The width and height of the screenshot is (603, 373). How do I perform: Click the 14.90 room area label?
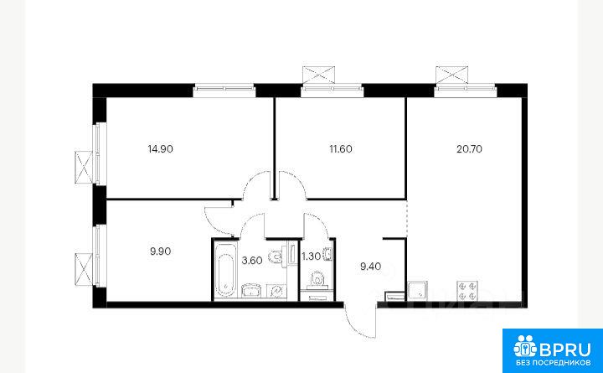coord(160,149)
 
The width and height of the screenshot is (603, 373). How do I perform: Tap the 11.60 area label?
coord(340,149)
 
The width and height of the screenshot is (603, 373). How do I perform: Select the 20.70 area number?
coord(469,149)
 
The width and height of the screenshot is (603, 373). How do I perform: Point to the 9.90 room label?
coord(160,251)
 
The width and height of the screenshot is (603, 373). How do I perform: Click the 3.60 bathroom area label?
coord(252,261)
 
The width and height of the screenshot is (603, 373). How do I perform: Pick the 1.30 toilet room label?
coord(312,256)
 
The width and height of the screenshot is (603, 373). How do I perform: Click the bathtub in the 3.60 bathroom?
coord(225,269)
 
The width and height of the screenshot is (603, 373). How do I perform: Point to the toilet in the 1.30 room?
coord(317,279)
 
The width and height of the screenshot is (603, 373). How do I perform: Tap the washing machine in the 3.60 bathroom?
coord(276,291)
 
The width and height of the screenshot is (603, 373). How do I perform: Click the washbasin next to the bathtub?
coord(252,291)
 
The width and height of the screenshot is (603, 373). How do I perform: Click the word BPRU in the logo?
coord(564,350)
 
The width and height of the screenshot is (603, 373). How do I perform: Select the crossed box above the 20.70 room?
coord(452,75)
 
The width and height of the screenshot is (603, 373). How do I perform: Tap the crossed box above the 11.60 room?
coord(318,75)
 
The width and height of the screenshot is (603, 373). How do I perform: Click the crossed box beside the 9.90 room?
coord(84,269)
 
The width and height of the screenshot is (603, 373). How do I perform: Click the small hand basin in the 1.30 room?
coord(328,255)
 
